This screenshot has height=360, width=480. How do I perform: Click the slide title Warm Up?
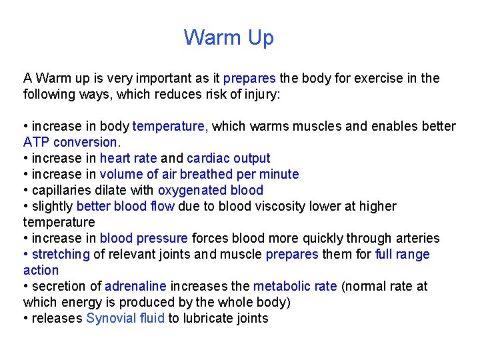229,38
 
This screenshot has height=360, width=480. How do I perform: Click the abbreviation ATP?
37,143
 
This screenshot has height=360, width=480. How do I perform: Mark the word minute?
279,175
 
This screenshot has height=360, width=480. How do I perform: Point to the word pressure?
163,239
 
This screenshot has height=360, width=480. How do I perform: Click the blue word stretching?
61,255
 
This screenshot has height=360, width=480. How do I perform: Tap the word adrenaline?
135,287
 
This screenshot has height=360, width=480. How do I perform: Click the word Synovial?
111,319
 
